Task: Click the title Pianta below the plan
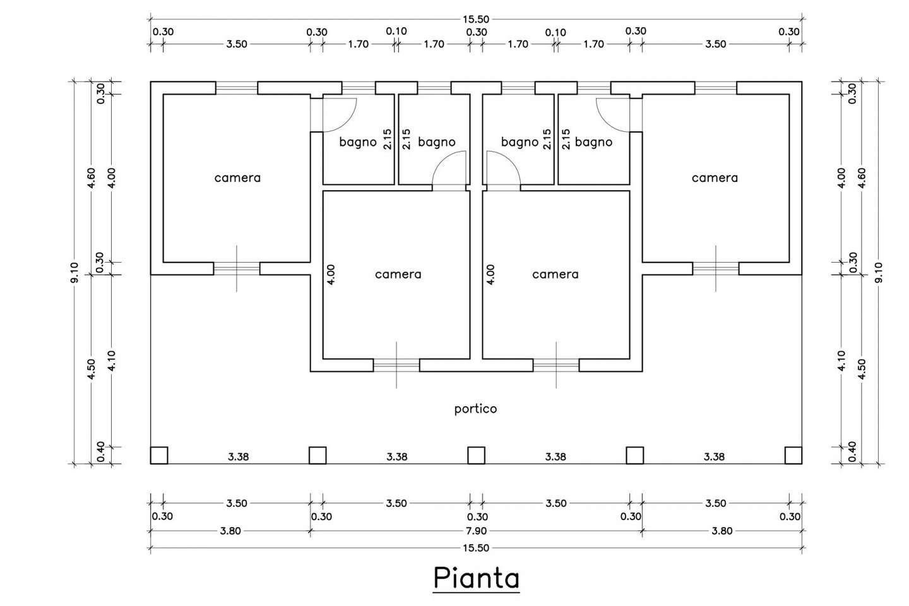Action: [x=476, y=578]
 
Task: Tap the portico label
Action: [x=476, y=409]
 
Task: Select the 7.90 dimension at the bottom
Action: [x=476, y=531]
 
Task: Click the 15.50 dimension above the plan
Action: [x=476, y=19]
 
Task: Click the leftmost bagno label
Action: [x=358, y=142]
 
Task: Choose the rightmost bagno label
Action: [x=593, y=142]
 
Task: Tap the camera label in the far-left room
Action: [x=237, y=178]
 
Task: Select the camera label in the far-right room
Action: [x=715, y=178]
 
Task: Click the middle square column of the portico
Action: [x=476, y=455]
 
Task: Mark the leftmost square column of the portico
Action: [x=159, y=455]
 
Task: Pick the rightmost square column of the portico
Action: [x=793, y=455]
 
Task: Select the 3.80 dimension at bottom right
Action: [x=722, y=531]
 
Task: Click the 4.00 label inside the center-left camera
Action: [x=332, y=274]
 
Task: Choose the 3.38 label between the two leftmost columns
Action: [x=237, y=456]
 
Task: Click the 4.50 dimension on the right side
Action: [x=862, y=369]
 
